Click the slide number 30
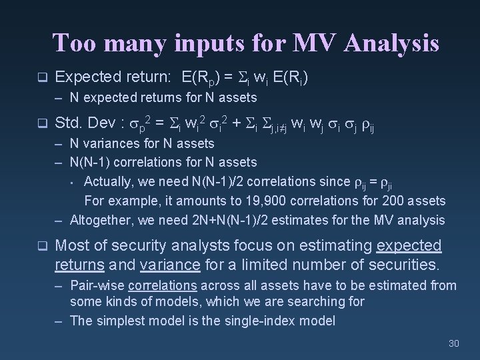454,343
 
